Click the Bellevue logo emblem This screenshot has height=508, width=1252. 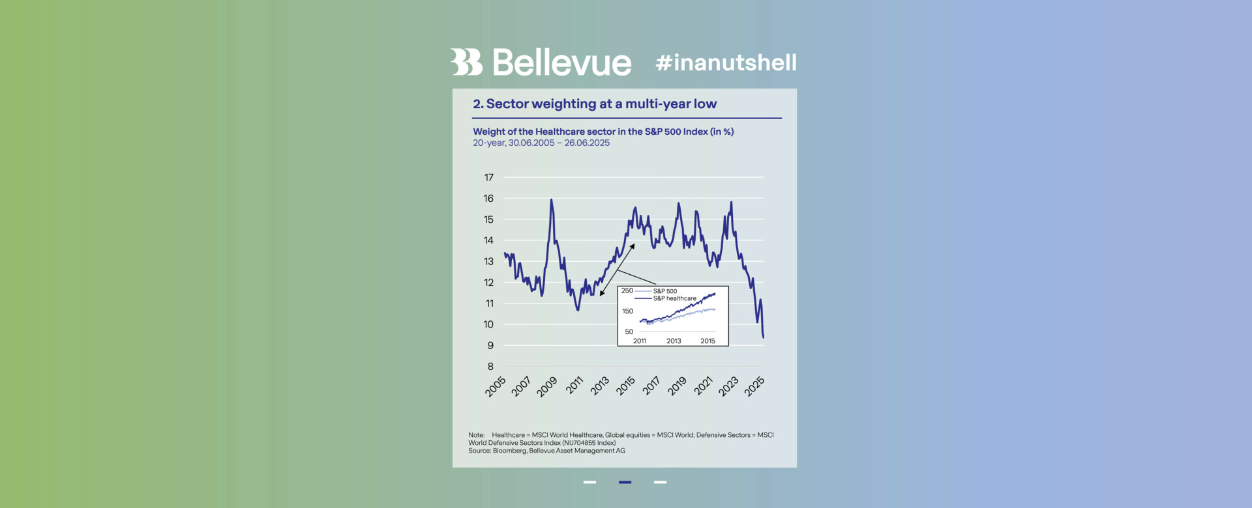(x=466, y=62)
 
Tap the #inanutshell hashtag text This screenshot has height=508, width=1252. (x=726, y=63)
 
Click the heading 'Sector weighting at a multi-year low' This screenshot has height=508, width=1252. (x=601, y=104)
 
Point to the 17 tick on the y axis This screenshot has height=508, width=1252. (x=488, y=177)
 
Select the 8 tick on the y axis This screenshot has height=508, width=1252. (x=490, y=367)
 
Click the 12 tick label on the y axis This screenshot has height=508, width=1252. (x=488, y=283)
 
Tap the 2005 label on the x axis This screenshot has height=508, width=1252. (x=496, y=386)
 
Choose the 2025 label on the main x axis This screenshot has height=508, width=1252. (x=754, y=386)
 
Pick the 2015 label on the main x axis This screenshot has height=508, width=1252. (x=625, y=386)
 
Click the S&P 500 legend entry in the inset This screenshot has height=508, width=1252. (x=664, y=291)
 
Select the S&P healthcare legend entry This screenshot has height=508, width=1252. (x=674, y=298)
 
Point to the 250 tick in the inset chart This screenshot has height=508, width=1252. (x=627, y=290)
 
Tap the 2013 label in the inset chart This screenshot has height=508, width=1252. (x=674, y=341)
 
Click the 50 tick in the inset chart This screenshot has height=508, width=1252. (x=629, y=332)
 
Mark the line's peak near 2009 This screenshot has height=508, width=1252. (x=552, y=200)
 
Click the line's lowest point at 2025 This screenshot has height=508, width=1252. (x=763, y=337)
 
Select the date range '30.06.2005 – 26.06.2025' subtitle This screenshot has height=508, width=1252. (x=559, y=143)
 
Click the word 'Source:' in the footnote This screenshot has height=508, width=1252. (x=479, y=451)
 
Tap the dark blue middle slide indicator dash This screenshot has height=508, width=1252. (x=625, y=482)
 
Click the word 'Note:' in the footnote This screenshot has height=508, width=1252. (x=477, y=435)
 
